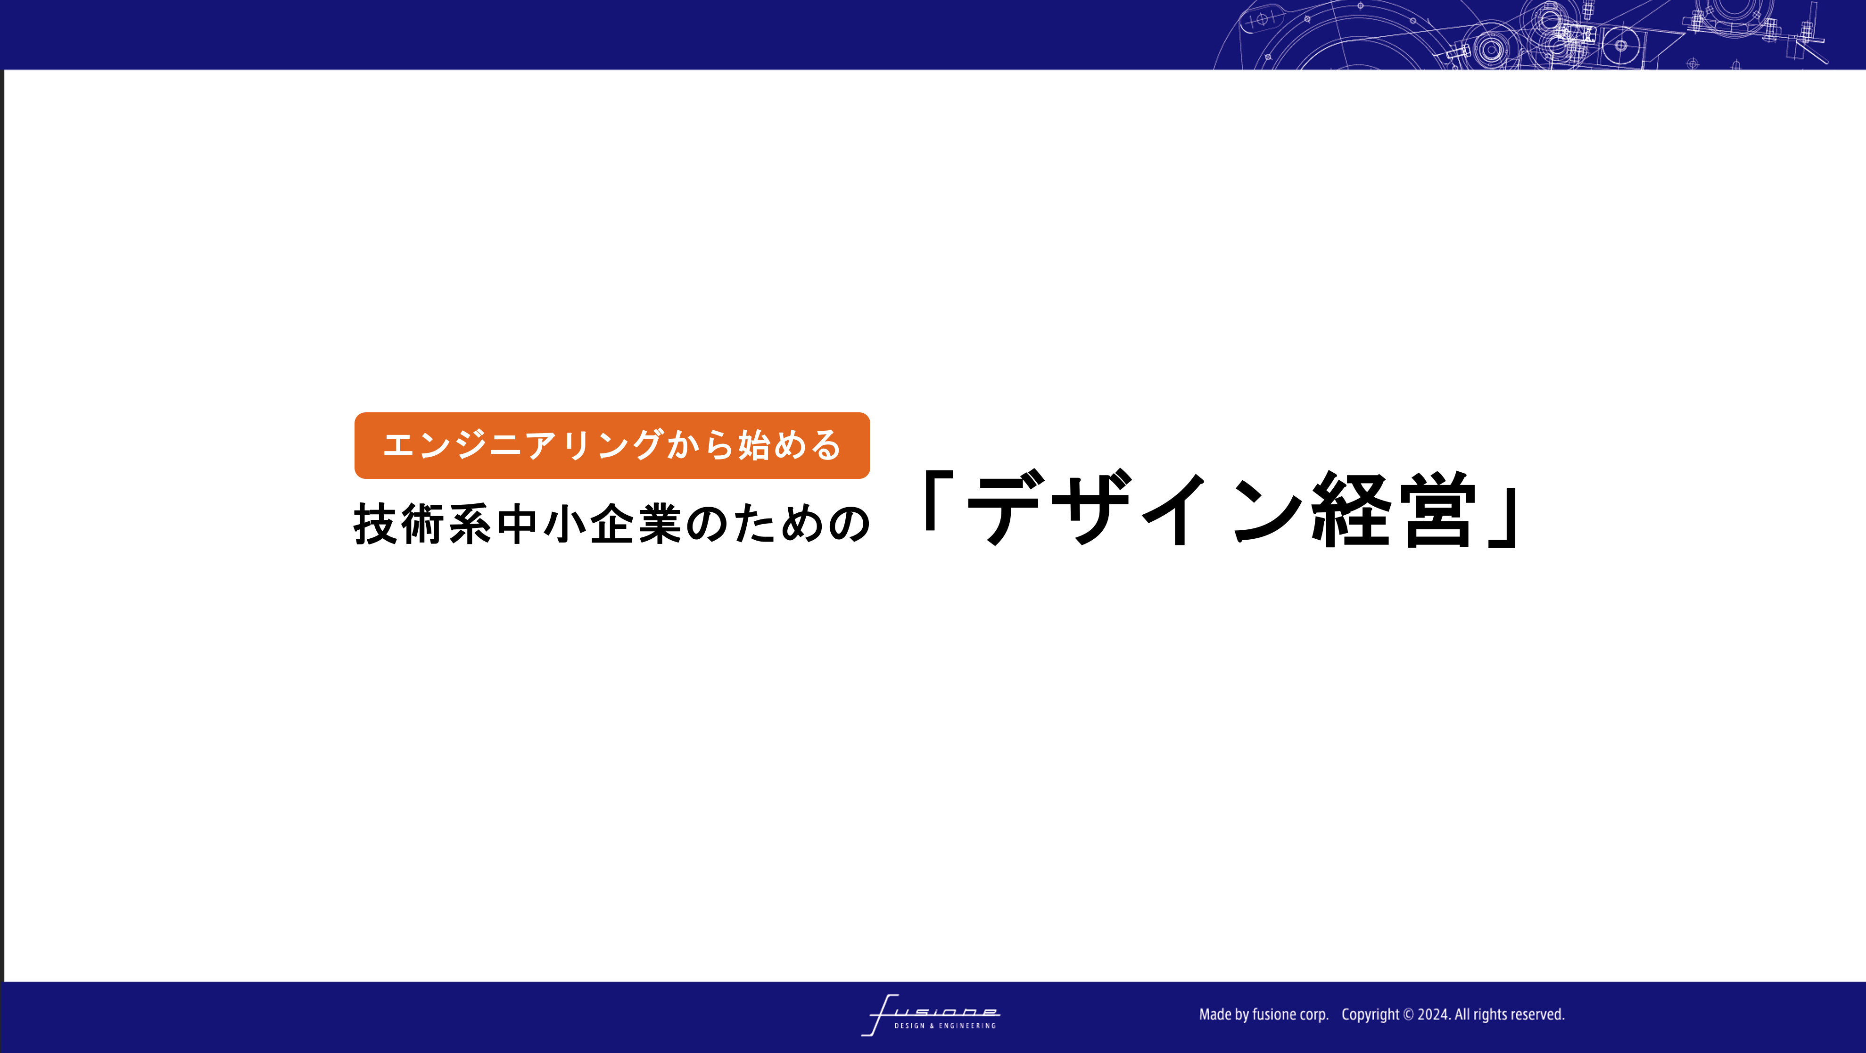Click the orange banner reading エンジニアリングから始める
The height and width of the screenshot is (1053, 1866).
click(612, 445)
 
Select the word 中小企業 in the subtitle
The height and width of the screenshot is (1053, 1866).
click(590, 524)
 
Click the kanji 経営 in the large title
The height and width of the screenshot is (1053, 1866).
click(1392, 508)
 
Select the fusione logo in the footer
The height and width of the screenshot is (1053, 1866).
click(931, 1015)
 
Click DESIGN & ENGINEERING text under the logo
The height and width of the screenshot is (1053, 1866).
click(945, 1026)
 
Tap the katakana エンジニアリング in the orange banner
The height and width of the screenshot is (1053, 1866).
click(522, 445)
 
